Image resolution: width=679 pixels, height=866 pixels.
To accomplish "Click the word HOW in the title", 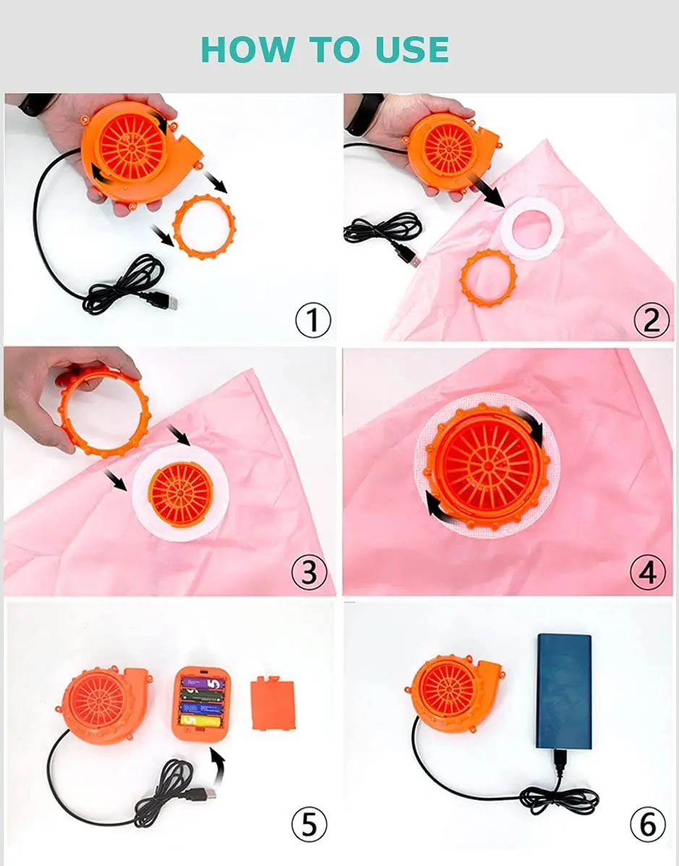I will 247,50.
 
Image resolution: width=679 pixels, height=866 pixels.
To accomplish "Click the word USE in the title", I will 411,50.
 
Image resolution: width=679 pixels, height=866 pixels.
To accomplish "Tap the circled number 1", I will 312,319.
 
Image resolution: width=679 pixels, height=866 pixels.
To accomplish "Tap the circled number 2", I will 651,319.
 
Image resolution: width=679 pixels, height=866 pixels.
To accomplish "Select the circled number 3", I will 309,572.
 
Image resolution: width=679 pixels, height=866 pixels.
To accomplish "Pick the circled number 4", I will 647,572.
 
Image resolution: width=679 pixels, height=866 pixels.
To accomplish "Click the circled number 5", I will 309,825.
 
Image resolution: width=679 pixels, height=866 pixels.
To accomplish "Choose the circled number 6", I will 647,825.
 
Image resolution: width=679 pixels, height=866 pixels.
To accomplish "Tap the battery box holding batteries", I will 202,702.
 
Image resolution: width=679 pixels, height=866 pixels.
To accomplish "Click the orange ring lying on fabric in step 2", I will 489,277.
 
